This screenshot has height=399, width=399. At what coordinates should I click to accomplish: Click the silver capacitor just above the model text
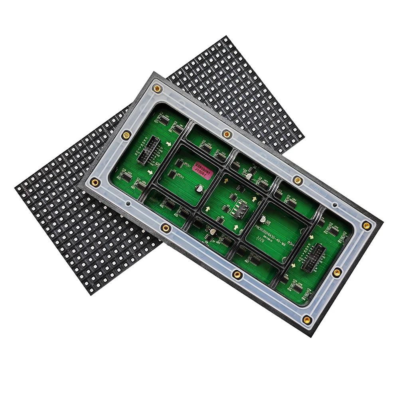pyautogui.click(x=263, y=219)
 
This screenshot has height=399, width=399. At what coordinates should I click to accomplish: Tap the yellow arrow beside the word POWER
pyautogui.click(x=254, y=198)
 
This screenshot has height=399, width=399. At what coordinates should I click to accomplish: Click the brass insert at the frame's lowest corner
pyautogui.click(x=306, y=320)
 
